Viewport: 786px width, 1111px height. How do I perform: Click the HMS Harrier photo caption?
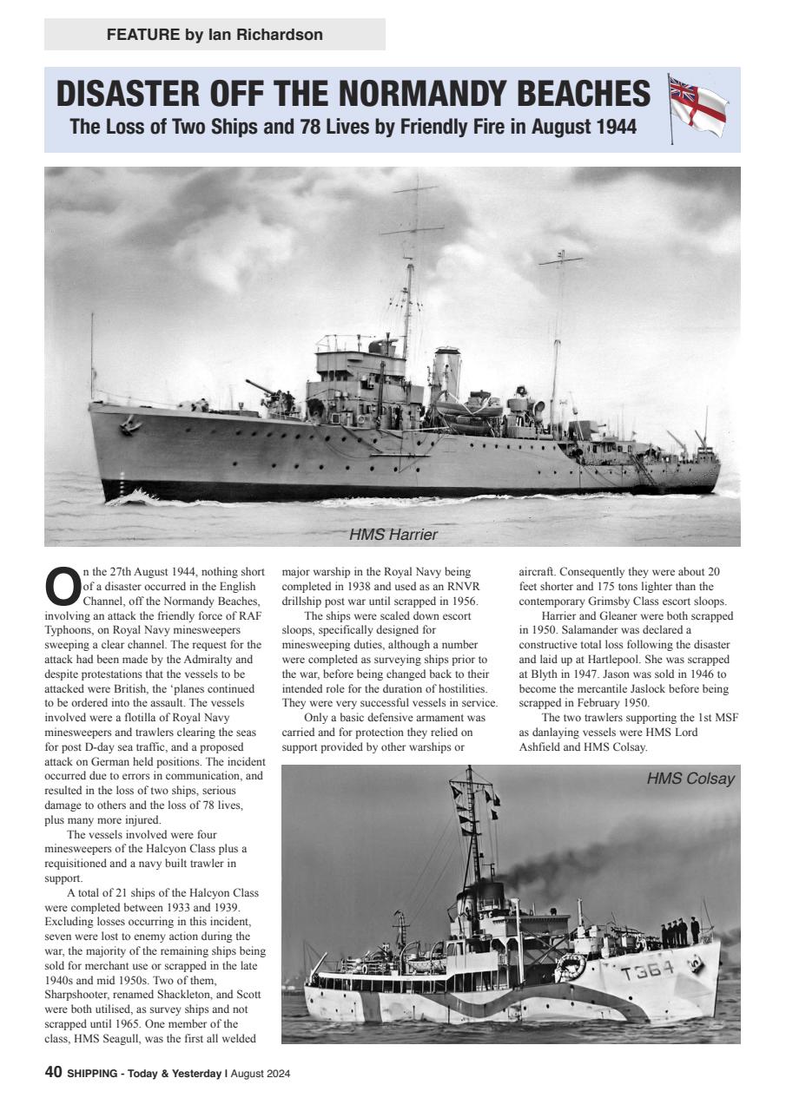393,535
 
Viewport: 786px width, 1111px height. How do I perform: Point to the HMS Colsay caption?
690,779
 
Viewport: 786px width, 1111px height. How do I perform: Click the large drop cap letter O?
61,588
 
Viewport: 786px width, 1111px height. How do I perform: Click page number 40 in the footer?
53,1074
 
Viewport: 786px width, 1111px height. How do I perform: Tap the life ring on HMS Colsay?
570,965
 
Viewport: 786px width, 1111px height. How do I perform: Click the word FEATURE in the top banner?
142,35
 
